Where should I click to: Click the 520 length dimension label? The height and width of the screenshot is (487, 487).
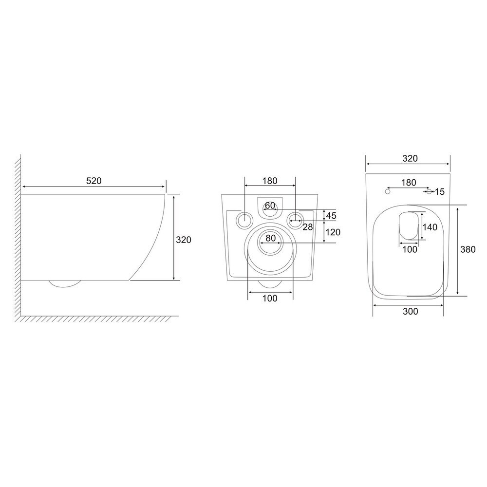[94, 181]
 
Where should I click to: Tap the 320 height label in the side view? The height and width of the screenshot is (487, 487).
[184, 240]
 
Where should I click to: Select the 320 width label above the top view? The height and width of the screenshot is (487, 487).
[410, 158]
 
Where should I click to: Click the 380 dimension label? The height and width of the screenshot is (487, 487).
[468, 249]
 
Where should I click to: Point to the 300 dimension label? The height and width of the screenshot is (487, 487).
[410, 311]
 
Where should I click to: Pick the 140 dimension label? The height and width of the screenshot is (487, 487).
[430, 227]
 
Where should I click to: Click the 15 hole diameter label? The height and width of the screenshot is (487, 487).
[439, 191]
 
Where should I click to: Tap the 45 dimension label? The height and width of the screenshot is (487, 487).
[331, 215]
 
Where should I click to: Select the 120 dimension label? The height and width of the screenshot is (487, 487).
[333, 232]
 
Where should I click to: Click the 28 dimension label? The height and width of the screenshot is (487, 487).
[307, 227]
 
